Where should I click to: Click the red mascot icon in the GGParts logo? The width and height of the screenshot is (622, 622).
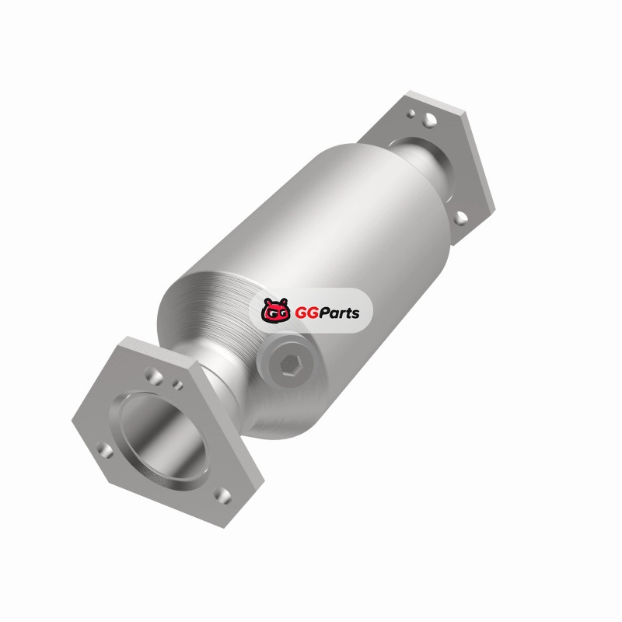275,309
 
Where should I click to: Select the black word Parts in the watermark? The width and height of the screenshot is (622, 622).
339,313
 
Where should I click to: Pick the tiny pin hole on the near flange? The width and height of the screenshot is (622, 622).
178,384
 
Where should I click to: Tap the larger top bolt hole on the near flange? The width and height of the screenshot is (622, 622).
154,375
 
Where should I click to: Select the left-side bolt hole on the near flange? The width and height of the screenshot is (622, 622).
105,450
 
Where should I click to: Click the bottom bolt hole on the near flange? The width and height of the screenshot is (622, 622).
222,495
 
